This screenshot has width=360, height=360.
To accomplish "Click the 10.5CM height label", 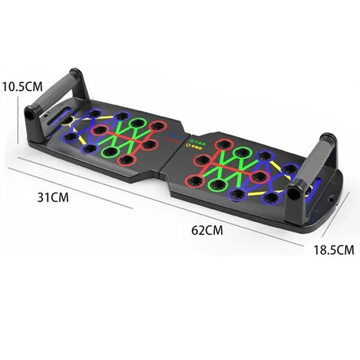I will [23, 86].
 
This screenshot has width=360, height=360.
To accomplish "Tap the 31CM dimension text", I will [55, 198].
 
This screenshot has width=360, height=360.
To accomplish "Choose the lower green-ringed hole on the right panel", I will [217, 184].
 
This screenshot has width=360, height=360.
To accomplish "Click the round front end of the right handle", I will [294, 191].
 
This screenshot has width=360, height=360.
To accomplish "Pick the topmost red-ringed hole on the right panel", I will [222, 144].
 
